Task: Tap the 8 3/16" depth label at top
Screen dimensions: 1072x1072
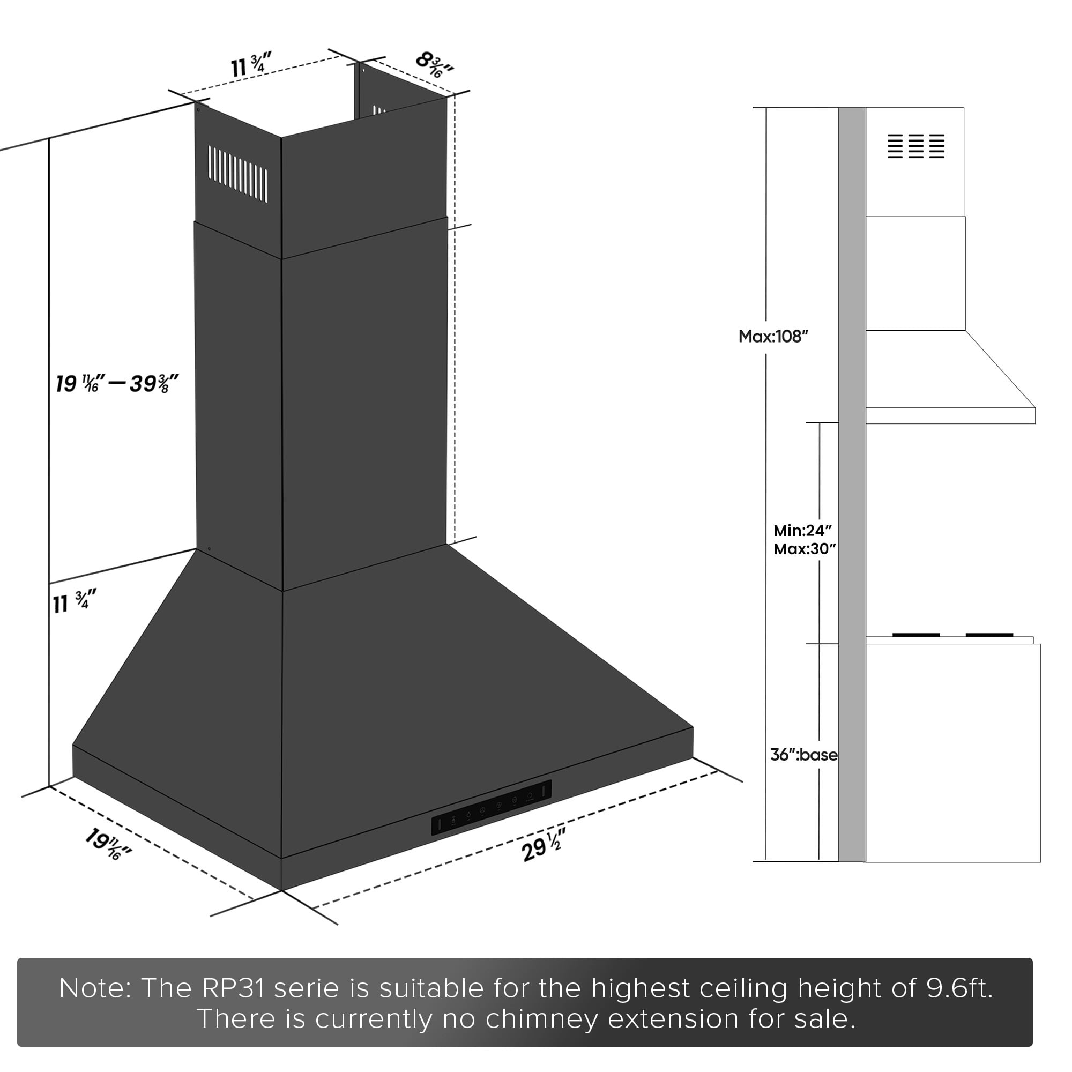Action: coord(435,64)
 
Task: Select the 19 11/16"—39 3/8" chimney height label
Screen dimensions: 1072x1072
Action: coord(116,383)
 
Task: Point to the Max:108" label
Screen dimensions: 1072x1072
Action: coord(773,336)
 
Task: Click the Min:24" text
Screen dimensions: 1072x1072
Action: coord(802,531)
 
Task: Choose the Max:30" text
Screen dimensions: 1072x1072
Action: coord(805,549)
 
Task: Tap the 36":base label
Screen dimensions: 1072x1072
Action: coord(803,755)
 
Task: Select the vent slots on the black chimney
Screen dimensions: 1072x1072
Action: coord(238,173)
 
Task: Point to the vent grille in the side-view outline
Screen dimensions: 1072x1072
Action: coord(916,146)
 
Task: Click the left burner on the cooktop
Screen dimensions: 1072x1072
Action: coord(916,635)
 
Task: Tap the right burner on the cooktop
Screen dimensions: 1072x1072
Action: coord(989,635)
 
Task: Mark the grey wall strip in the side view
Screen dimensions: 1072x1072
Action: coord(852,485)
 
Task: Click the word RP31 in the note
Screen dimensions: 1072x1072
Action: coord(233,988)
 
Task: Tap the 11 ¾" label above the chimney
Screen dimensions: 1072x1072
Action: coord(251,65)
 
